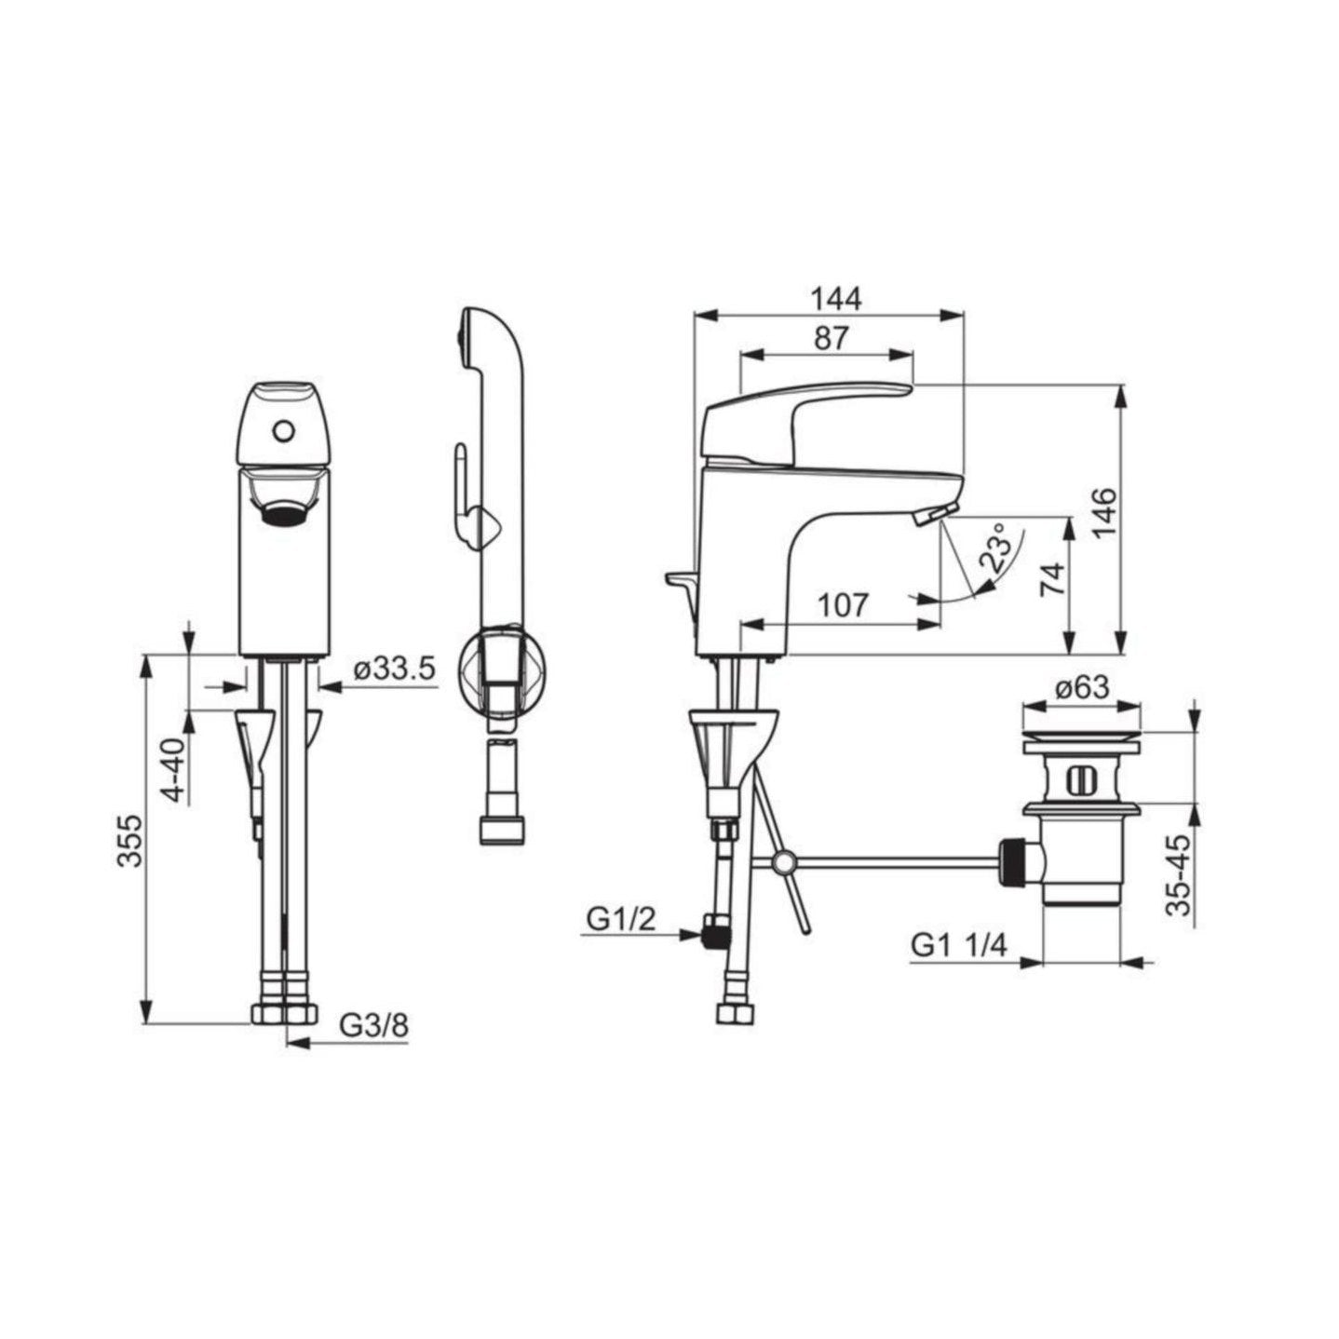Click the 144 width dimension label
point(836,300)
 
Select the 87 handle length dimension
point(831,338)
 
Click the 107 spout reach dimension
point(842,605)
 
